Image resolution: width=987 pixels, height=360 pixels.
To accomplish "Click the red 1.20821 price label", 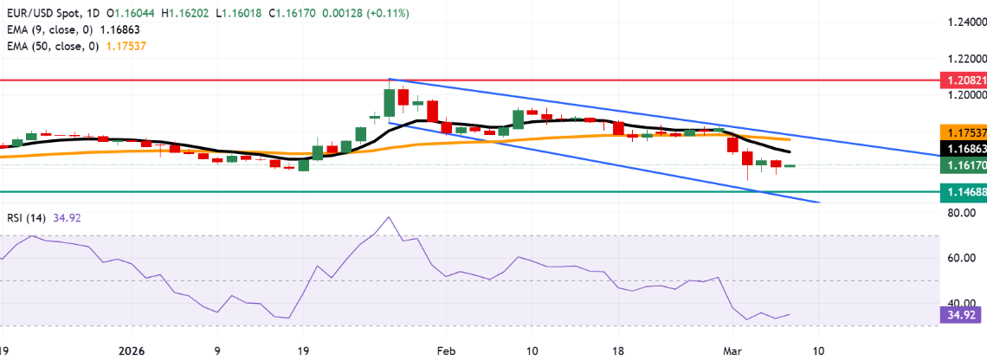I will [963, 78].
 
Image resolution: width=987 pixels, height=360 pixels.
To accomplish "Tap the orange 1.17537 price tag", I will [963, 133].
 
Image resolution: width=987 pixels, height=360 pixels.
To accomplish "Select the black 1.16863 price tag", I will [963, 150].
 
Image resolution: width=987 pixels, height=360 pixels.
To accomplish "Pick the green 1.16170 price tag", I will [963, 164].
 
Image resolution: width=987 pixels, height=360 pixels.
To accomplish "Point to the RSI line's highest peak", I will [389, 216].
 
